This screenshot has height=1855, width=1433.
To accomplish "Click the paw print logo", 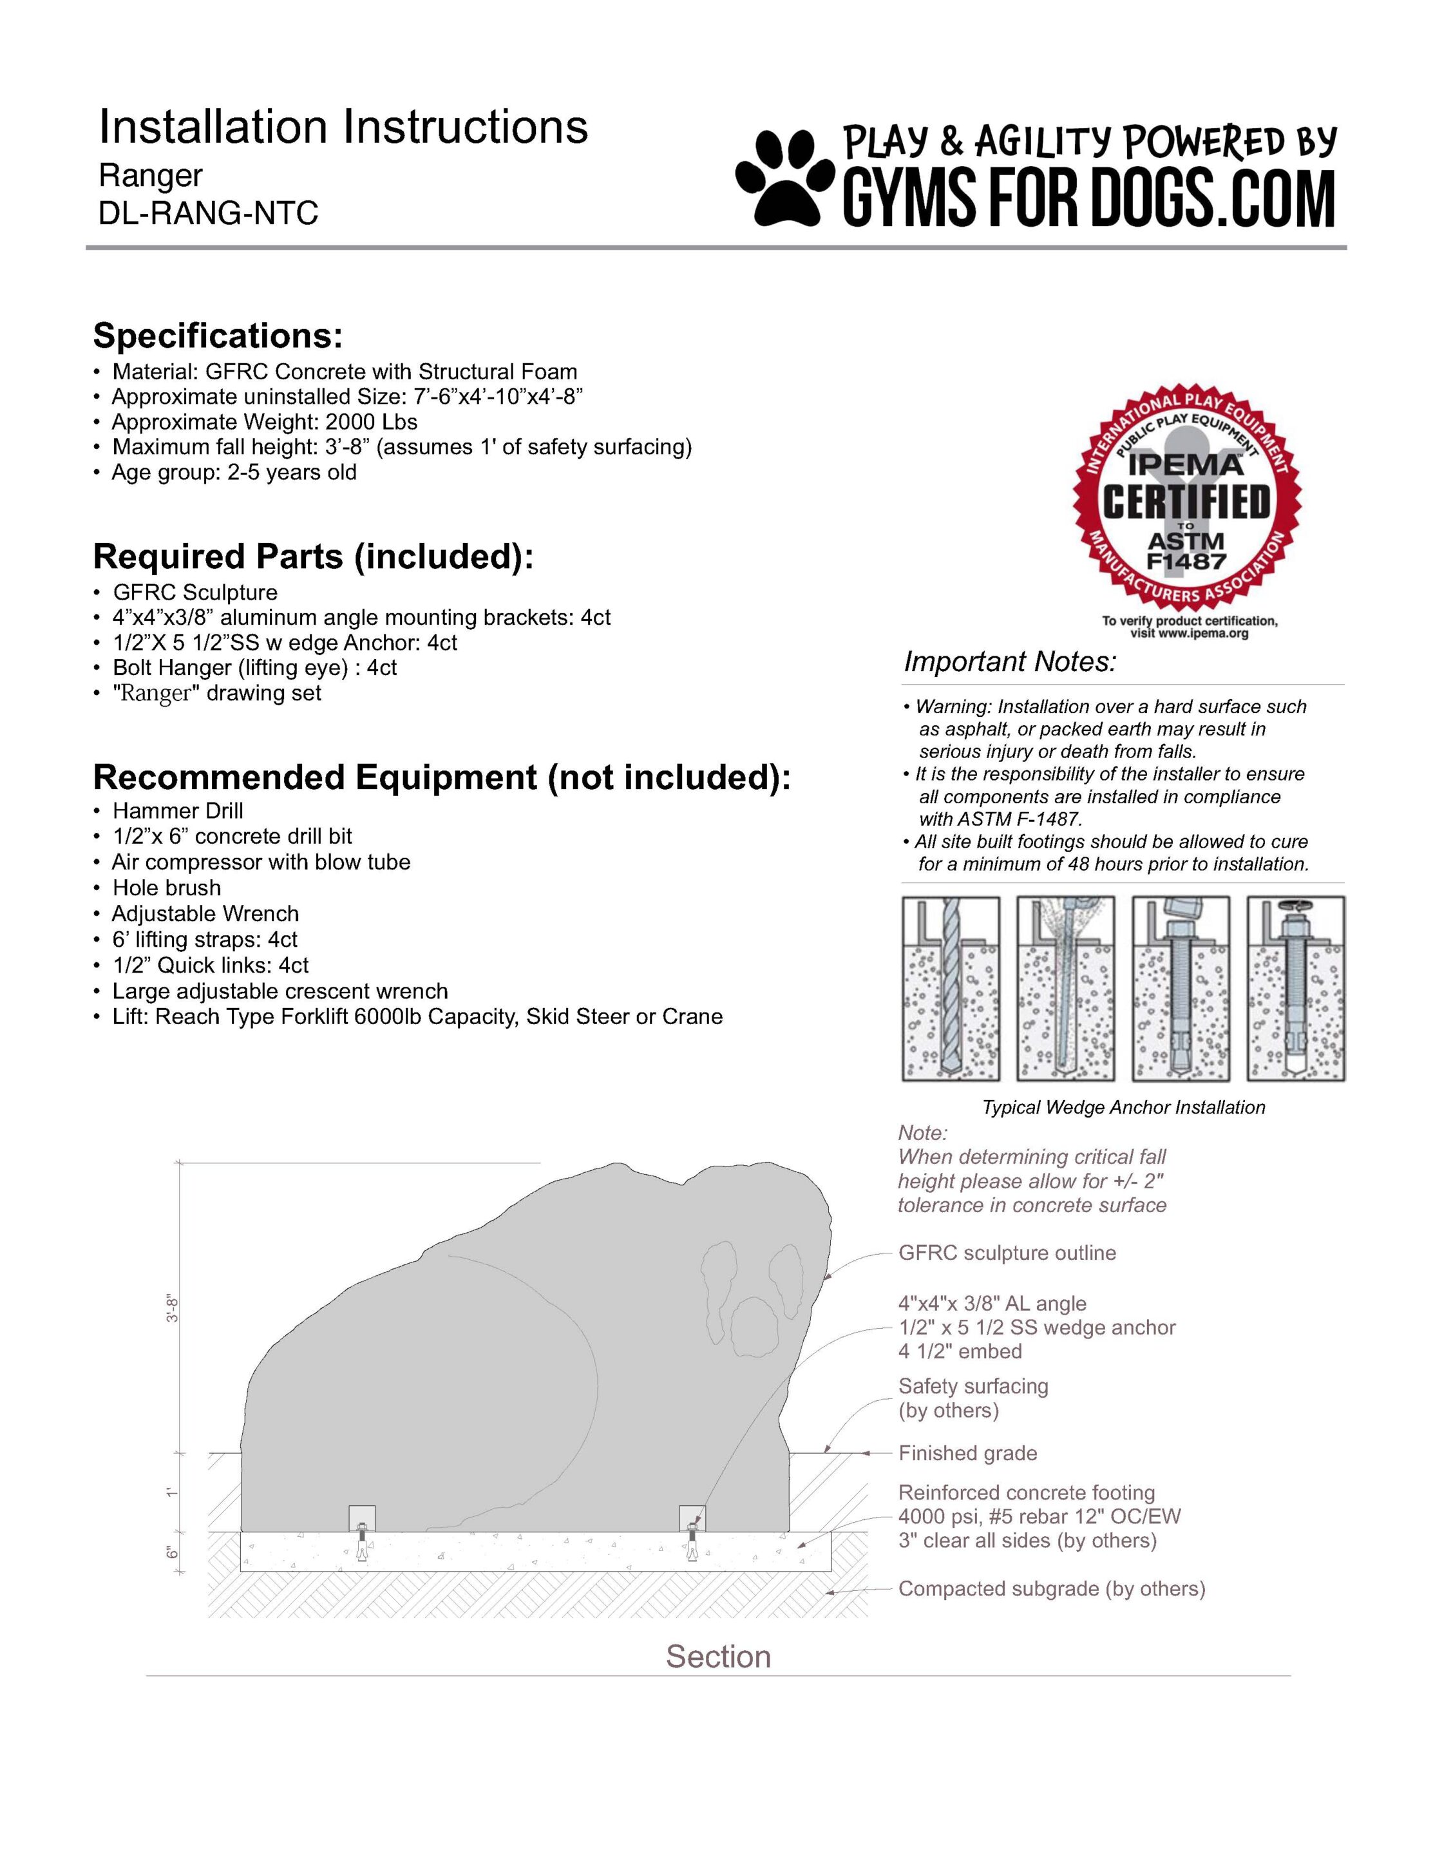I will [783, 175].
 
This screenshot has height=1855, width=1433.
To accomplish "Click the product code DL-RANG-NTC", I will [208, 213].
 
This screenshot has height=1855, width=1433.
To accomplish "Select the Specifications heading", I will [218, 336].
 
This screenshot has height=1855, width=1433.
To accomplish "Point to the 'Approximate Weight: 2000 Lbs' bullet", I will [264, 422].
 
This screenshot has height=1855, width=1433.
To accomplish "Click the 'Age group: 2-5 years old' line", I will [234, 472].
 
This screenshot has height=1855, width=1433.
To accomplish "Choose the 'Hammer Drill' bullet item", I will [178, 810].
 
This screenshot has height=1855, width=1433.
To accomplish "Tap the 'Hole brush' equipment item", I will [167, 888].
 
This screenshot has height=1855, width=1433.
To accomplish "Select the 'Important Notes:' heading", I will [1009, 661].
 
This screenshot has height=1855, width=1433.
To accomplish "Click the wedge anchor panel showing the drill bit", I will [951, 989].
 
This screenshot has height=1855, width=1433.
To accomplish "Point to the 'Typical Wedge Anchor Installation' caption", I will [1123, 1108].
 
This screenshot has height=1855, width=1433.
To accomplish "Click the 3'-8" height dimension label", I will [173, 1309].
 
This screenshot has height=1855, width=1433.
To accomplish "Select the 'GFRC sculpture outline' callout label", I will [1007, 1253].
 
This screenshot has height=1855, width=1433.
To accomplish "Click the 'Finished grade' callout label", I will [967, 1453].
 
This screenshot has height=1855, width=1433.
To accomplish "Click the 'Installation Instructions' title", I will [343, 128].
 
